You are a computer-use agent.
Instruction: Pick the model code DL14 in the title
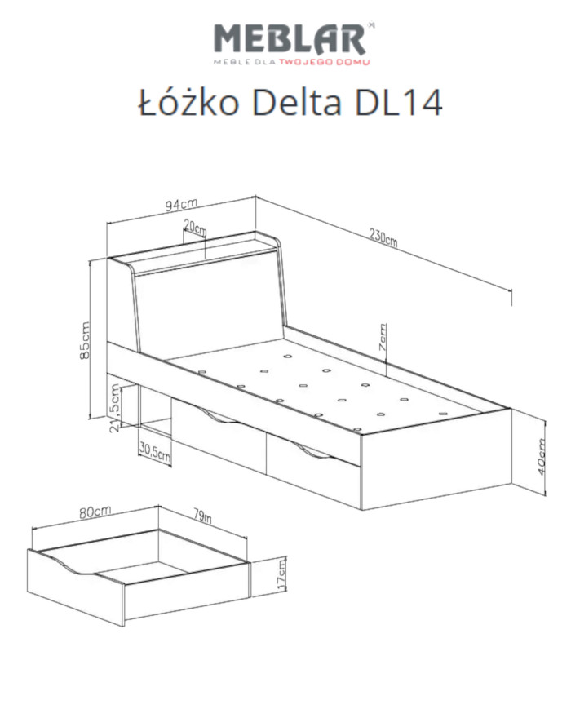tap(398, 104)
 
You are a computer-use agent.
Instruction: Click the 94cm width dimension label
tap(181, 205)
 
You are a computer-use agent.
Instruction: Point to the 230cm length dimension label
tap(382, 237)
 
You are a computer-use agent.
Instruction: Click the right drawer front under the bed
tap(314, 474)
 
